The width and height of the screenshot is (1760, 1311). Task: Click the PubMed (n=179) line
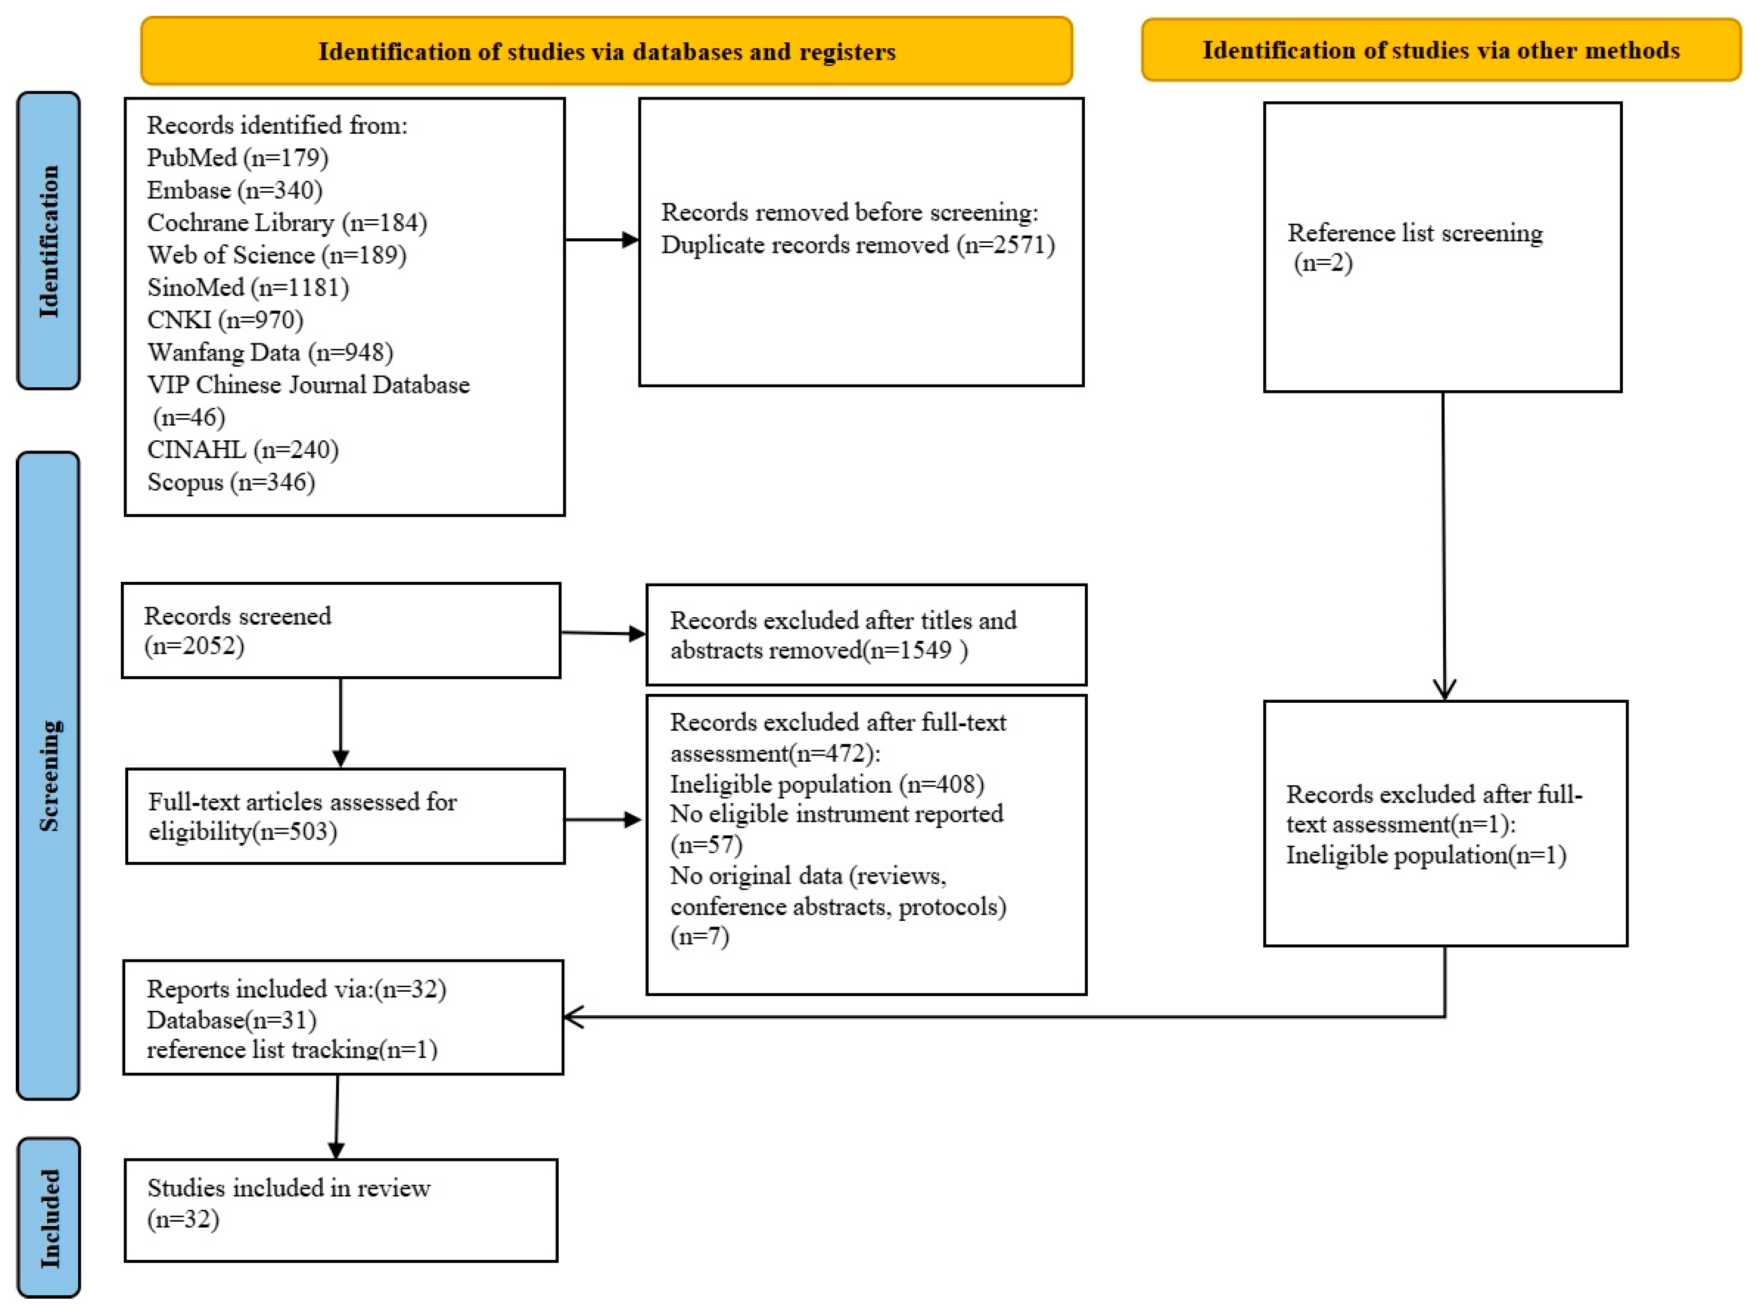click(x=237, y=158)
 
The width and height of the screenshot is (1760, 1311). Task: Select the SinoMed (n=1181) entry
click(x=247, y=287)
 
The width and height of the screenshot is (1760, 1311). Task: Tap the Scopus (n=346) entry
click(x=231, y=482)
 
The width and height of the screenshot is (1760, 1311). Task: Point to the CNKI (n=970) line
click(x=225, y=320)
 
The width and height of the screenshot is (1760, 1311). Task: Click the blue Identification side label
click(x=48, y=241)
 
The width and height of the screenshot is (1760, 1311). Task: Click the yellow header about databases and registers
click(x=607, y=51)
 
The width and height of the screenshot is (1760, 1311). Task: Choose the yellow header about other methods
click(x=1441, y=49)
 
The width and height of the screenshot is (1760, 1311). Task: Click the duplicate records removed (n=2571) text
click(x=858, y=245)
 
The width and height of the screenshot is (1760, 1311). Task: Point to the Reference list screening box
click(x=1442, y=247)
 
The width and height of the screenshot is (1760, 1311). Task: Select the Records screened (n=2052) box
click(x=341, y=631)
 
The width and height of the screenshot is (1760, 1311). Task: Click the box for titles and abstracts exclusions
click(x=867, y=635)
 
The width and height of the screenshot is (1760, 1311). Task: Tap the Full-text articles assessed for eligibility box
click(x=345, y=816)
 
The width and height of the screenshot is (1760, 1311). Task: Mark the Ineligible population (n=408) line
click(x=827, y=784)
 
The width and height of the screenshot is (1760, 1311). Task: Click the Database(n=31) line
click(x=232, y=1020)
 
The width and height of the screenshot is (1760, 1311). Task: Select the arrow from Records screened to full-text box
click(x=341, y=723)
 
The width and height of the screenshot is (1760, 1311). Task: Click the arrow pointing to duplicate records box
click(x=602, y=239)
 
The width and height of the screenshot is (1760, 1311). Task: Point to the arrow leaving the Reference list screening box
click(x=1444, y=546)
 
